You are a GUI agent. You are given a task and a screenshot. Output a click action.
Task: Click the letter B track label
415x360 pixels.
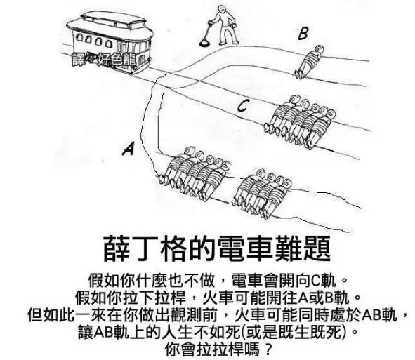(x=303, y=34)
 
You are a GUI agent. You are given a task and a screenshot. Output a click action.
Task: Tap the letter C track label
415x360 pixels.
(x=242, y=106)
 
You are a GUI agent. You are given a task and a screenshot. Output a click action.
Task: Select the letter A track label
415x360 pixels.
(x=129, y=148)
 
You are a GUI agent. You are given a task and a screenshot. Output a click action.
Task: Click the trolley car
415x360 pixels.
(x=110, y=42)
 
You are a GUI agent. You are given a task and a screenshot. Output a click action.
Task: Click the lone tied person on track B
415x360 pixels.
(x=309, y=62)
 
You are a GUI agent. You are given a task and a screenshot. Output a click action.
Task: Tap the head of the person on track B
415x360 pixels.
(x=320, y=49)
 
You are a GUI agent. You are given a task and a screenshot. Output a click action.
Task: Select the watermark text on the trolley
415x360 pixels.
(x=104, y=60)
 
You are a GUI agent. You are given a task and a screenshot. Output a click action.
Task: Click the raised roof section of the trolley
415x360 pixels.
(x=114, y=20)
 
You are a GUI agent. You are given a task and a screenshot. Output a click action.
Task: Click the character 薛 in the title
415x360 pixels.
(x=116, y=248)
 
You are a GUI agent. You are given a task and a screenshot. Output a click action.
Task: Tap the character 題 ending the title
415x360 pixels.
(x=317, y=248)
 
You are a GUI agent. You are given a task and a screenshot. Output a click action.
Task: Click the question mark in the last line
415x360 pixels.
(x=268, y=349)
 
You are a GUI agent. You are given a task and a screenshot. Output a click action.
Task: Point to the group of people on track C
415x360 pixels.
(x=300, y=121)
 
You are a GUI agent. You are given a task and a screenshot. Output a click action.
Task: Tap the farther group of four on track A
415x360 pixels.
(x=262, y=193)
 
